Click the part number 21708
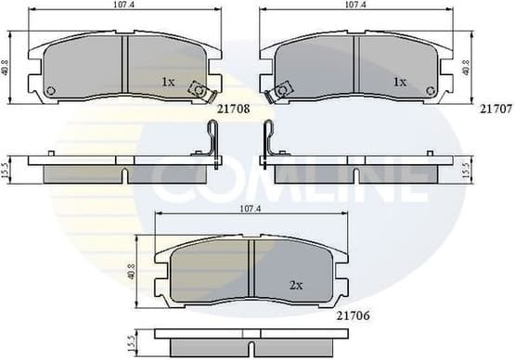click(x=232, y=109)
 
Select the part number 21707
click(x=494, y=109)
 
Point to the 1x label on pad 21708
click(x=168, y=82)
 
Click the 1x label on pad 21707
click(x=400, y=82)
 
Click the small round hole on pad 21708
click(x=50, y=89)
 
